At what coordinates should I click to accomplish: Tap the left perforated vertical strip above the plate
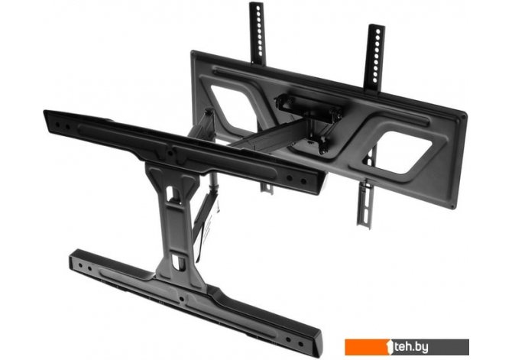(x=258, y=33)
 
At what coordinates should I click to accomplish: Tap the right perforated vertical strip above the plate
(x=374, y=58)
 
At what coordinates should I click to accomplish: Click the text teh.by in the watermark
(x=411, y=347)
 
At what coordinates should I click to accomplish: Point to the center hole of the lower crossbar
(x=181, y=299)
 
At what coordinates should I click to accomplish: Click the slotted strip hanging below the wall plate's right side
(x=365, y=204)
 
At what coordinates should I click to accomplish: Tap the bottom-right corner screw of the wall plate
(x=452, y=206)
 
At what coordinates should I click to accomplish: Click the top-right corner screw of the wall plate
(x=463, y=115)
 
